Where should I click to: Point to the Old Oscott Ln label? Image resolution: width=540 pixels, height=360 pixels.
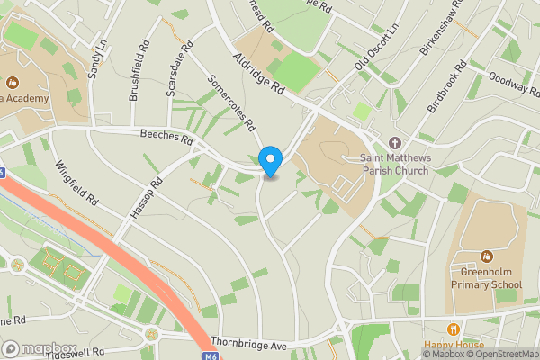click(376, 51)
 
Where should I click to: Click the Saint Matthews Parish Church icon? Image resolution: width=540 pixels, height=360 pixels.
click(394, 143)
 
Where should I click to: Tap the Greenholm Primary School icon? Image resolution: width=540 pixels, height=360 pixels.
click(487, 256)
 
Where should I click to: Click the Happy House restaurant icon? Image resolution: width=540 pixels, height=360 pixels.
click(454, 328)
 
